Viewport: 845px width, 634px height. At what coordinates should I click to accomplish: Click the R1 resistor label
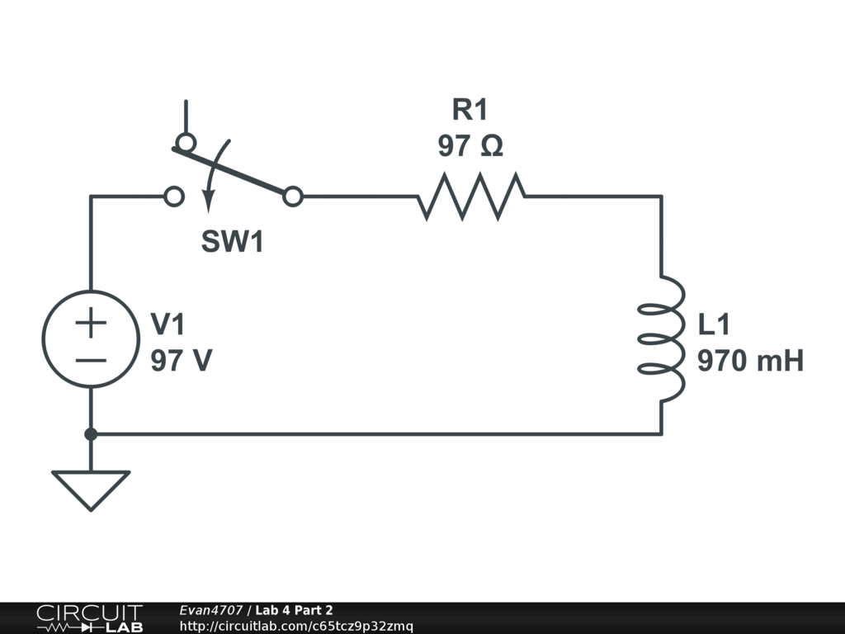click(x=470, y=109)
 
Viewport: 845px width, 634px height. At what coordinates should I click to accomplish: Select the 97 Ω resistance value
click(x=470, y=146)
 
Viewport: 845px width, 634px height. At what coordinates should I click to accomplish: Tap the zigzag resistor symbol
click(x=470, y=196)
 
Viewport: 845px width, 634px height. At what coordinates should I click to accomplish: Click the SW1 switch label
click(x=233, y=242)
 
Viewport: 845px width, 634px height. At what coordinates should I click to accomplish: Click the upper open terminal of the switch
click(x=186, y=142)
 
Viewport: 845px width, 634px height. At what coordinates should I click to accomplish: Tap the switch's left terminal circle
click(x=174, y=196)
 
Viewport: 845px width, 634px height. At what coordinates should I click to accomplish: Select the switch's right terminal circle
click(x=292, y=196)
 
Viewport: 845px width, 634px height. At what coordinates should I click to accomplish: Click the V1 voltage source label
click(x=168, y=325)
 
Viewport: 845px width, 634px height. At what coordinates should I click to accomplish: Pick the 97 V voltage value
click(x=181, y=361)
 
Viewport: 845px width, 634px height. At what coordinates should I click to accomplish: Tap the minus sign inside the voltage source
click(x=91, y=360)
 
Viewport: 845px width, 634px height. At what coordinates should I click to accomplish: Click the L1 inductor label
click(x=715, y=325)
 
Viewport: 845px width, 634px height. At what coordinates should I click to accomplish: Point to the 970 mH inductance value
click(x=750, y=361)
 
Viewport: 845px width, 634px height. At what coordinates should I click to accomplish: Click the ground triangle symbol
click(x=91, y=488)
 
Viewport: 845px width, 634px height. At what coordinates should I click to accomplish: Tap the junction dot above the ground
click(x=91, y=433)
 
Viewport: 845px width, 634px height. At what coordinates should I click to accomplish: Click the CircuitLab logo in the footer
click(x=88, y=618)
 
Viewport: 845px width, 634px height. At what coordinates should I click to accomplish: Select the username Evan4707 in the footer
click(x=210, y=610)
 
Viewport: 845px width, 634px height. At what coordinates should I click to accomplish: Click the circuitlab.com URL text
click(x=296, y=626)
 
